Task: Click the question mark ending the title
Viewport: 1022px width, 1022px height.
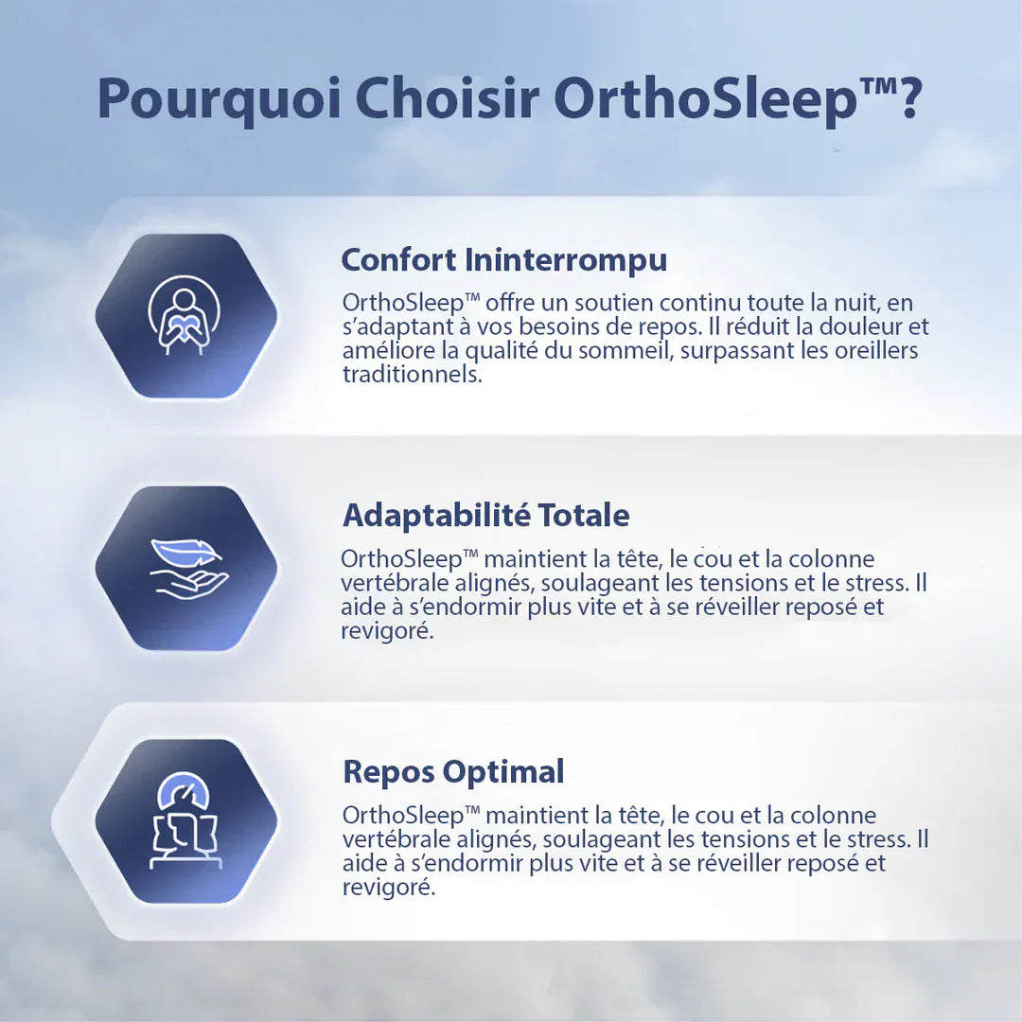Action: click(908, 97)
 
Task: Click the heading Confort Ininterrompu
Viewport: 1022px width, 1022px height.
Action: click(503, 259)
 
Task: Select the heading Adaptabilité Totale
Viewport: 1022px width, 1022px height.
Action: click(485, 516)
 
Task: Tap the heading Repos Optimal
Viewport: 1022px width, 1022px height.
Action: click(453, 771)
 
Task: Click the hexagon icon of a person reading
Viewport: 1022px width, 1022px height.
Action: click(185, 316)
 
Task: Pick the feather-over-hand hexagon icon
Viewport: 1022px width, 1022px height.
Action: click(185, 569)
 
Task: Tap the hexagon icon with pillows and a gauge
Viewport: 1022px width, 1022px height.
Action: click(185, 821)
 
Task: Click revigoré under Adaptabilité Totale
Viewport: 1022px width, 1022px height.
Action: click(387, 631)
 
